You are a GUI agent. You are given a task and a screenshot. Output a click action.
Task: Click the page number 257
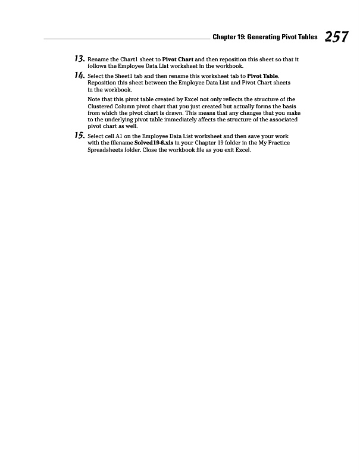pyautogui.click(x=336, y=37)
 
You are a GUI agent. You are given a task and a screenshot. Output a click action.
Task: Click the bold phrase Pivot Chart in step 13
pyautogui.click(x=179, y=60)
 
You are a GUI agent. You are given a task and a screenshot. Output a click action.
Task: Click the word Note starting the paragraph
pyautogui.click(x=94, y=99)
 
